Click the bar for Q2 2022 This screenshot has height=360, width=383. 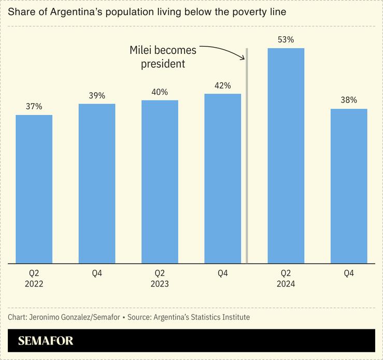pos(34,189)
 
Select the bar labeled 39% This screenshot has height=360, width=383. pos(97,183)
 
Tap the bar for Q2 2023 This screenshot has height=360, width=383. pos(160,182)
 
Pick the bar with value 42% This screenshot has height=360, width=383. pos(223,179)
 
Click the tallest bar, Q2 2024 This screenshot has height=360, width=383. pos(286,156)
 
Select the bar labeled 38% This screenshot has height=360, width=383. pos(349,186)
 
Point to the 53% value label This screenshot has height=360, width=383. pos(286,39)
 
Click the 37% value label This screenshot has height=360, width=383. pos(34,106)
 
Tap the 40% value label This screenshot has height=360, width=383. pos(160,92)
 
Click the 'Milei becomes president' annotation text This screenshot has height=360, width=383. pos(163,57)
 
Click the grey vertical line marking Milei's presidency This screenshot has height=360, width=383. pos(247,155)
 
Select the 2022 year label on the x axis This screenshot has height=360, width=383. pos(34,284)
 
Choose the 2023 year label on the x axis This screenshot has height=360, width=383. pos(160,284)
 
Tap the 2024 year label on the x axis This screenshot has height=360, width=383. pos(286,284)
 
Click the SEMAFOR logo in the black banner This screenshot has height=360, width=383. pos(46,341)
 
